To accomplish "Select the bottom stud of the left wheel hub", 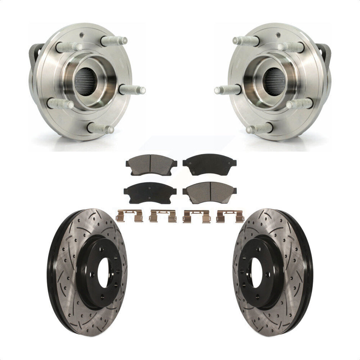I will (101, 128).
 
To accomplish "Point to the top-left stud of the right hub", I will (246, 40).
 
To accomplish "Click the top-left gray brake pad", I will (151, 164).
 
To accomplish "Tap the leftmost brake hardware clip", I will (128, 216).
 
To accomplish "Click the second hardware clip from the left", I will (163, 216).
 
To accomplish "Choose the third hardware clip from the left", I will (196, 216).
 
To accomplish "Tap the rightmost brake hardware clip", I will (230, 216).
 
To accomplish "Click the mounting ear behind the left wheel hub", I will (36, 53).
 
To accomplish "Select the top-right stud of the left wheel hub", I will (114, 40).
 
